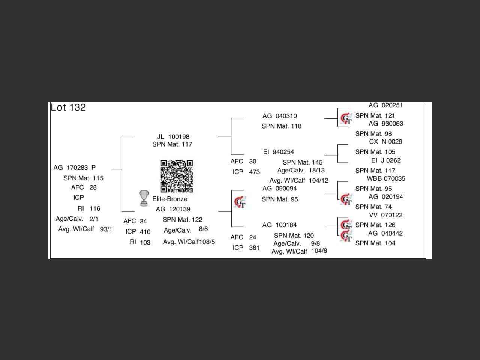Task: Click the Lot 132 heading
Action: pyautogui.click(x=68, y=107)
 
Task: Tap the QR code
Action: pyautogui.click(x=176, y=176)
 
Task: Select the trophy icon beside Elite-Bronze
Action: pyautogui.click(x=144, y=198)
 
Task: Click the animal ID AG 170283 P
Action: pyautogui.click(x=75, y=168)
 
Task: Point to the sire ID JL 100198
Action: pyautogui.click(x=173, y=137)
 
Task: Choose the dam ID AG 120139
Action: pyautogui.click(x=173, y=209)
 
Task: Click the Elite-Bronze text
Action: pyautogui.click(x=169, y=199)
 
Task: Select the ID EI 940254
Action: pyautogui.click(x=279, y=152)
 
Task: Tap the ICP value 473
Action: pyautogui.click(x=254, y=172)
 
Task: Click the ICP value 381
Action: pyautogui.click(x=254, y=248)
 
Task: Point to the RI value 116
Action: pyautogui.click(x=95, y=208)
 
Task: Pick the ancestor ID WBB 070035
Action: pyautogui.click(x=386, y=178)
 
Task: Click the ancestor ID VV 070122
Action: pyautogui.click(x=386, y=215)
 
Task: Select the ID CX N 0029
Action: pyautogui.click(x=385, y=142)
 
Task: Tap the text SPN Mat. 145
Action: pyautogui.click(x=302, y=162)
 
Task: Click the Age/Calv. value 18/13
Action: pyautogui.click(x=317, y=170)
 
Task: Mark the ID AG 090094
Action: pyautogui.click(x=279, y=189)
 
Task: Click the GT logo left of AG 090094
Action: pyautogui.click(x=240, y=202)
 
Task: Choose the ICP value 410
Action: pyautogui.click(x=145, y=232)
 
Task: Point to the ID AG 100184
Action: pyautogui.click(x=279, y=225)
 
